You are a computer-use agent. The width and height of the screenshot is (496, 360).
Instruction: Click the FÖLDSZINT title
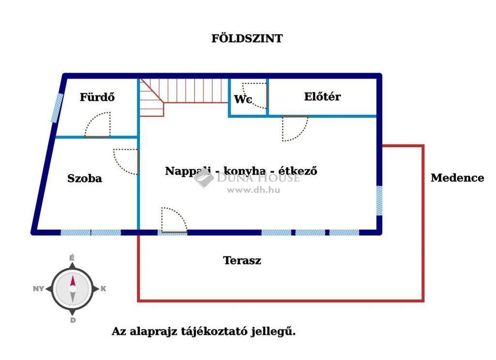click(x=247, y=38)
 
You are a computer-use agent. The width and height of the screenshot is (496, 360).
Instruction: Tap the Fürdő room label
click(x=97, y=97)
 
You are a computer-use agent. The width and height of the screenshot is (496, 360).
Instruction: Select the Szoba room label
click(x=85, y=178)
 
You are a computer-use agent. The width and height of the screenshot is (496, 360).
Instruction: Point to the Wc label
click(x=243, y=99)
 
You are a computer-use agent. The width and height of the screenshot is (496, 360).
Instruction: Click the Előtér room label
click(x=322, y=96)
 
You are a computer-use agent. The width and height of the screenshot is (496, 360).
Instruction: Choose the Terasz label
click(x=242, y=260)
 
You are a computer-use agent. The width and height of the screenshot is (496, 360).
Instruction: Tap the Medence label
click(x=457, y=178)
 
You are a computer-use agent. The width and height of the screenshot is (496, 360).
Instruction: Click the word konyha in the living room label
click(x=245, y=171)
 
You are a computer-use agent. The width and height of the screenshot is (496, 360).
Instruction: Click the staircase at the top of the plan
click(x=184, y=94)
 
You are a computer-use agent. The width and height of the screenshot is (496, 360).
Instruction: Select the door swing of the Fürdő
click(x=98, y=125)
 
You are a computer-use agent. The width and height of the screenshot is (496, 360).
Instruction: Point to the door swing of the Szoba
click(x=126, y=162)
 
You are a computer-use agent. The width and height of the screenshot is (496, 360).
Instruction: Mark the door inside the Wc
click(x=255, y=95)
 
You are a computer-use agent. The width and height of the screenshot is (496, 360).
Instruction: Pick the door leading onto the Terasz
click(x=174, y=220)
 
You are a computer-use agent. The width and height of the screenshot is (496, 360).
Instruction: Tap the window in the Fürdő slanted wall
click(x=57, y=108)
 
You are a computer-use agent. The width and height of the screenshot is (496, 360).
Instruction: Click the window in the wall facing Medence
click(x=379, y=201)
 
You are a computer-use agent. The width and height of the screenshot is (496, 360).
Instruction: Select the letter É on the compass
click(x=72, y=258)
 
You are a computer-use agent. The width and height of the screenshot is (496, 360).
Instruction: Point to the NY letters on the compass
click(x=38, y=288)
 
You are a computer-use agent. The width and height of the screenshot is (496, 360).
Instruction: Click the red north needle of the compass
click(x=73, y=281)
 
